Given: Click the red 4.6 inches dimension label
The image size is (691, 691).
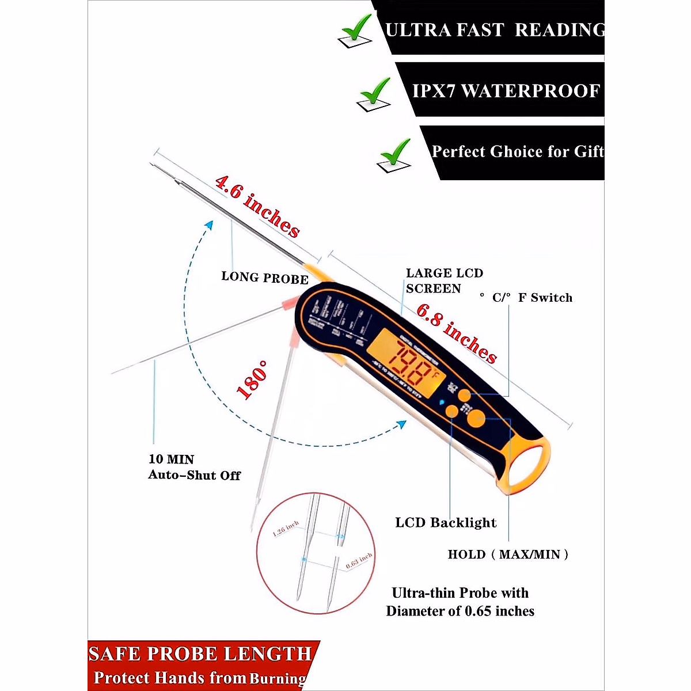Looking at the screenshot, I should (x=257, y=207).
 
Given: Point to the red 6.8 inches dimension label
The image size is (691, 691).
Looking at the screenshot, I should (x=457, y=333).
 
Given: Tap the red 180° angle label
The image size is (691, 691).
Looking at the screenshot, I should (x=252, y=380).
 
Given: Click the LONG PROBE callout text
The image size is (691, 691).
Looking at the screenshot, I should (x=265, y=278).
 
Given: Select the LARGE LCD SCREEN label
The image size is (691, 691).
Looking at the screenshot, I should (x=444, y=280).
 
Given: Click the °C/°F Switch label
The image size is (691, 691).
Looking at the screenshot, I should (x=526, y=298).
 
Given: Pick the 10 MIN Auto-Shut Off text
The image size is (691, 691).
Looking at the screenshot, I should (x=194, y=467).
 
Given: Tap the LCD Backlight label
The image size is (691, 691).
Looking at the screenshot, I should (x=446, y=523).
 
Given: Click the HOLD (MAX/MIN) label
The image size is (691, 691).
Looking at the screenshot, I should (x=508, y=555).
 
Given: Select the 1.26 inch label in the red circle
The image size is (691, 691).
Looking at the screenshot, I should (x=286, y=529).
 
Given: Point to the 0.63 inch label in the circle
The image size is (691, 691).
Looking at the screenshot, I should (x=359, y=561).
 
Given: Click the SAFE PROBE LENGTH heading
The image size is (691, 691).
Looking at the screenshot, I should (x=200, y=654).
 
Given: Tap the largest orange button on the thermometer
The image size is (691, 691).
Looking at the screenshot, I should (x=476, y=419).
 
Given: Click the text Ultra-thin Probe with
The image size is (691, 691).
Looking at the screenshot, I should (x=460, y=593).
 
